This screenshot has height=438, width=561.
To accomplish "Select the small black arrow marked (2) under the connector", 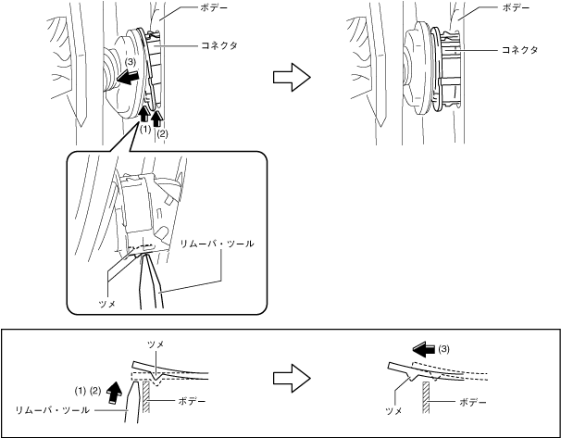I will [159, 119].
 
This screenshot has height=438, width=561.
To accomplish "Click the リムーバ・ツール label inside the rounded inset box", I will [218, 243].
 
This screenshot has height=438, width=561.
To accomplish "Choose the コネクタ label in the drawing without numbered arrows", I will [521, 49].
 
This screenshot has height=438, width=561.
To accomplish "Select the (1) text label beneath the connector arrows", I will [144, 131].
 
